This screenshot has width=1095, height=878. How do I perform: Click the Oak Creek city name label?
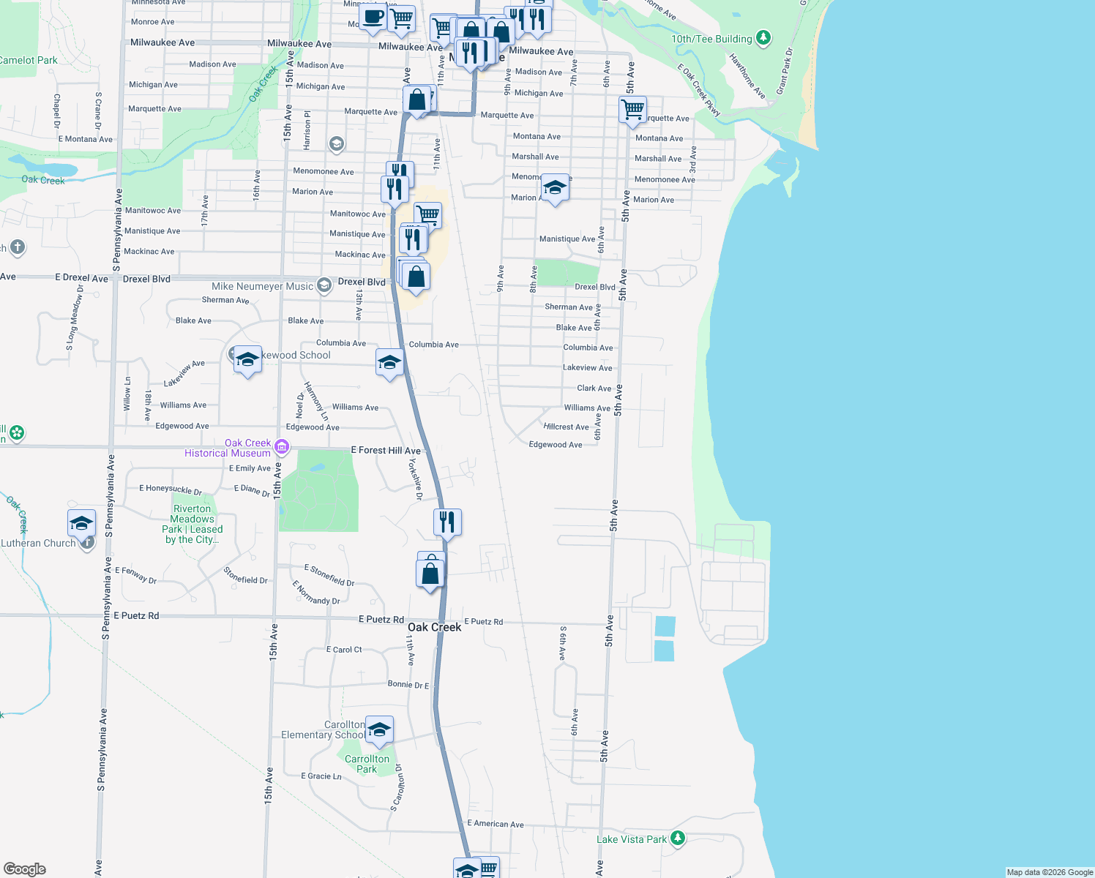(434, 627)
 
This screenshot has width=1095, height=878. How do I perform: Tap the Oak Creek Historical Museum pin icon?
(282, 446)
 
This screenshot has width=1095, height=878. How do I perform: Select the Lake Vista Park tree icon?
(678, 838)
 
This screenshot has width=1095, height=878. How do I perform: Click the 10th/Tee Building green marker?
(763, 37)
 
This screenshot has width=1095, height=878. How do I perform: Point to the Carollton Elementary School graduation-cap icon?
(379, 729)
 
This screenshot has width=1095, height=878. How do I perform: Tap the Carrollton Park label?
(367, 764)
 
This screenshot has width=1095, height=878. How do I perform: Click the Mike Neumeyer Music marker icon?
(324, 285)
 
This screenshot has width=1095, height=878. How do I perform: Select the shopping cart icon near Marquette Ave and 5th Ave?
(632, 110)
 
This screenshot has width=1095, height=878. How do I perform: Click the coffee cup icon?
(373, 16)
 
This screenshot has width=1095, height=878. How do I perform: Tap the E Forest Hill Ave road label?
(386, 450)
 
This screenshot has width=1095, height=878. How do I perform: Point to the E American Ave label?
(496, 824)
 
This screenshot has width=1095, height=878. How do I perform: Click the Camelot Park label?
(28, 60)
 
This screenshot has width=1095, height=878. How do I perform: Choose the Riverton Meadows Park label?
(193, 524)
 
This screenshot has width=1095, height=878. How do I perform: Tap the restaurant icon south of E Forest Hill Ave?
(446, 522)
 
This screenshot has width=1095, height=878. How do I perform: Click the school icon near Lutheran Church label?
(81, 523)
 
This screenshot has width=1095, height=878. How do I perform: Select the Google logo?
(25, 869)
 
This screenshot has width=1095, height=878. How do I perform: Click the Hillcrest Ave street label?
(566, 427)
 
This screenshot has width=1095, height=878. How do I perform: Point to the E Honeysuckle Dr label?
(171, 489)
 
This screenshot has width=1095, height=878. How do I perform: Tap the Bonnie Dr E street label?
(408, 685)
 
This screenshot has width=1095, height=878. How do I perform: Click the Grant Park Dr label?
(785, 71)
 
